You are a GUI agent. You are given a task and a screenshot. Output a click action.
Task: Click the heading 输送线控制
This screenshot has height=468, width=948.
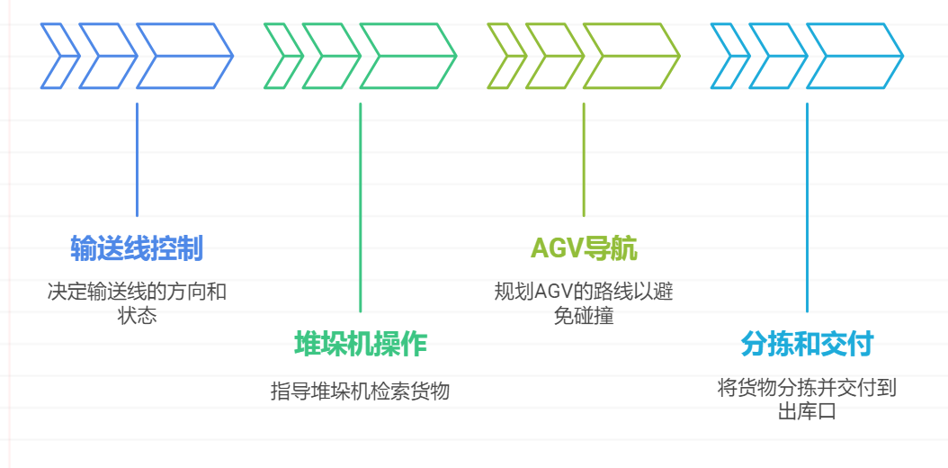click(137, 248)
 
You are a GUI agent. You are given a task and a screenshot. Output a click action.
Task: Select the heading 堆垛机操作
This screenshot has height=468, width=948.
click(360, 344)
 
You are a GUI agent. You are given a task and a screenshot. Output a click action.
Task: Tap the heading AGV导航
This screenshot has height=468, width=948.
click(583, 248)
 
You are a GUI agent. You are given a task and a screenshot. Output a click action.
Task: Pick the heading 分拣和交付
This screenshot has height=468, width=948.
click(807, 344)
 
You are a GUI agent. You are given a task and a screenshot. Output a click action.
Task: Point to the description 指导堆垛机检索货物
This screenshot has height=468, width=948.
click(360, 391)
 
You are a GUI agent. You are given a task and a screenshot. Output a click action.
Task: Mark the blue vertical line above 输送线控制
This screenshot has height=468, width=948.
click(137, 160)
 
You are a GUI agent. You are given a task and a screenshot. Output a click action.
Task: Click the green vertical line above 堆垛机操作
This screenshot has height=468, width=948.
click(360, 207)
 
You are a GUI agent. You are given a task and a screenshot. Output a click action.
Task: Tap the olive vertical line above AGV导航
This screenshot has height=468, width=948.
click(583, 160)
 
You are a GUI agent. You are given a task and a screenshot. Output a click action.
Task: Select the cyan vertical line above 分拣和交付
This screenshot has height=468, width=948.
click(807, 207)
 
